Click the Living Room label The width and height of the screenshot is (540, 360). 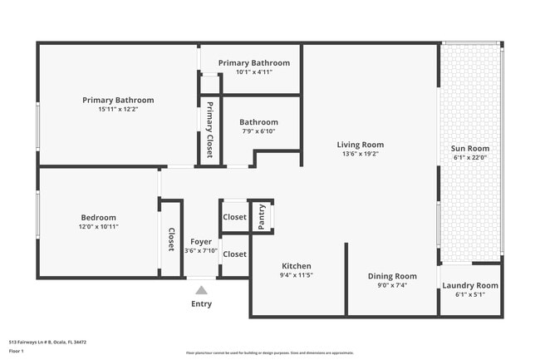[x=360, y=144]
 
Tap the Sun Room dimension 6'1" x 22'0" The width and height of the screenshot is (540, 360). [x=469, y=158]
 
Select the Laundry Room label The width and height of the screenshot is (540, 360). [x=469, y=285]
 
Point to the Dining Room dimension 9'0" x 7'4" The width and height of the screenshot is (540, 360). [x=392, y=285]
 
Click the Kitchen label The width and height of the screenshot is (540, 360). [x=296, y=266]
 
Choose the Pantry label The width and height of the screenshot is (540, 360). [x=263, y=216]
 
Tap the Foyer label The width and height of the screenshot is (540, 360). [x=201, y=241]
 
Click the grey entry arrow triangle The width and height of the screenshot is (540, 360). [x=201, y=290]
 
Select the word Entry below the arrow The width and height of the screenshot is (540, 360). [x=201, y=303]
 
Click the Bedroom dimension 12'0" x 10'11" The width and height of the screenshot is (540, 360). [x=99, y=226]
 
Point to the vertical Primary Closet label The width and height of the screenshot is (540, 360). [x=210, y=130]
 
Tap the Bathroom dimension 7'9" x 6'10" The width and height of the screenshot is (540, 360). [x=258, y=131]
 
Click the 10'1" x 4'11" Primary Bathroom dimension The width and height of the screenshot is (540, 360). [x=253, y=72]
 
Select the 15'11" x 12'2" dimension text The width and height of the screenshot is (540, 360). [x=118, y=109]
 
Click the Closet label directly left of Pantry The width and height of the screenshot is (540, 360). [x=234, y=216]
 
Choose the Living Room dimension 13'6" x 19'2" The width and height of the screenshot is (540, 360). [x=360, y=154]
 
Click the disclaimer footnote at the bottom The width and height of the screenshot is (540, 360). [x=269, y=353]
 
